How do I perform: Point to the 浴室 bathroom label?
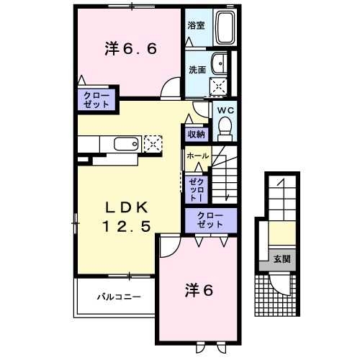[196, 25]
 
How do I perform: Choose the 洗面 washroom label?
[197, 71]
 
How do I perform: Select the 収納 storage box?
[197, 134]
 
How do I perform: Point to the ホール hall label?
[197, 156]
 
